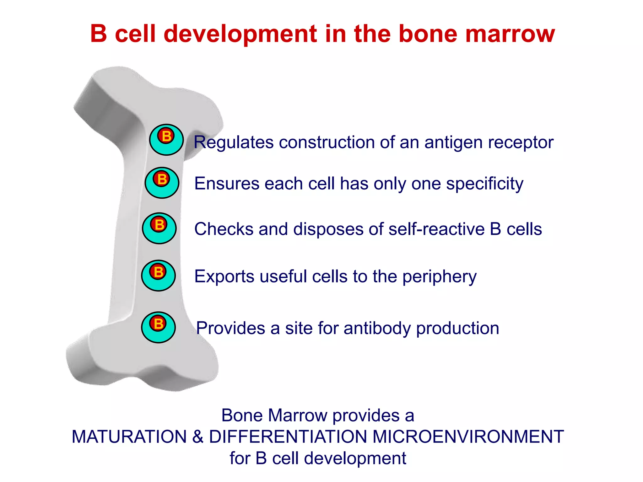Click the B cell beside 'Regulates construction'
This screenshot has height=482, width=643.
click(x=166, y=140)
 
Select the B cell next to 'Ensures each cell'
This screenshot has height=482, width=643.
click(x=162, y=183)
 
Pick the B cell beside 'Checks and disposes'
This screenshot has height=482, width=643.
click(x=159, y=228)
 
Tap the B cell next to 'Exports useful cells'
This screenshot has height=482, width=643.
click(x=158, y=276)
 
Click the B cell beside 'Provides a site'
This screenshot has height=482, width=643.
click(x=158, y=327)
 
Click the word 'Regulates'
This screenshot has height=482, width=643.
click(x=234, y=142)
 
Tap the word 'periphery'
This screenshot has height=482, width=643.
click(x=439, y=277)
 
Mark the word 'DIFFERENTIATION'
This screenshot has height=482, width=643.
click(x=288, y=437)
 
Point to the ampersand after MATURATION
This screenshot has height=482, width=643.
click(x=198, y=437)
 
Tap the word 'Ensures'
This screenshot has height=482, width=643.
click(x=227, y=184)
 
